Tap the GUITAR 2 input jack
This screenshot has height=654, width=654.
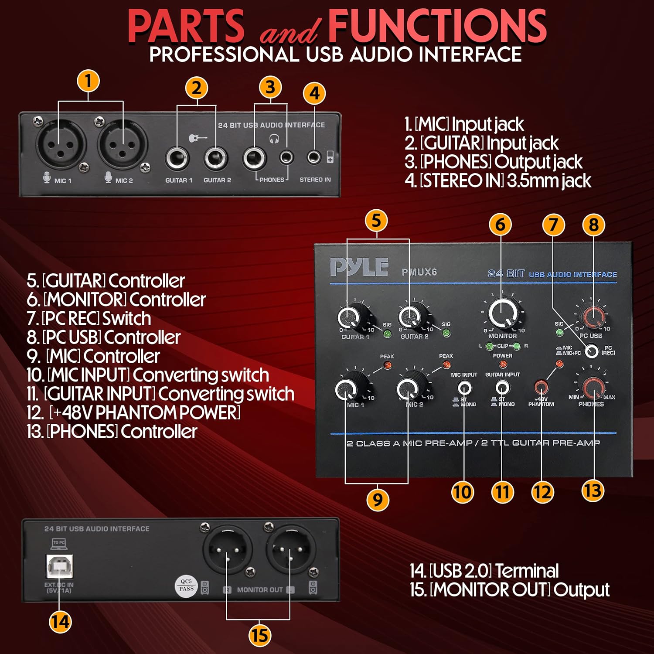(216, 158)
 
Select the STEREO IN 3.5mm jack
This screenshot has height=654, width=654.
(313, 157)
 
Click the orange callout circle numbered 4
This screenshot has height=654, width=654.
(314, 93)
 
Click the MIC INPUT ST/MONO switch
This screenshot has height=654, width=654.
(464, 387)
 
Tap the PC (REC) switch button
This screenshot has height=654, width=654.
(591, 351)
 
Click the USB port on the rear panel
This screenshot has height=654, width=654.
(60, 566)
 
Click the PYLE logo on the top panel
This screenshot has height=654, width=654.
(359, 267)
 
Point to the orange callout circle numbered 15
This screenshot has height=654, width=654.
(259, 635)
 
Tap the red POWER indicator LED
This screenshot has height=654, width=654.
(503, 364)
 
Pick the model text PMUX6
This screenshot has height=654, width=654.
(419, 272)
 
